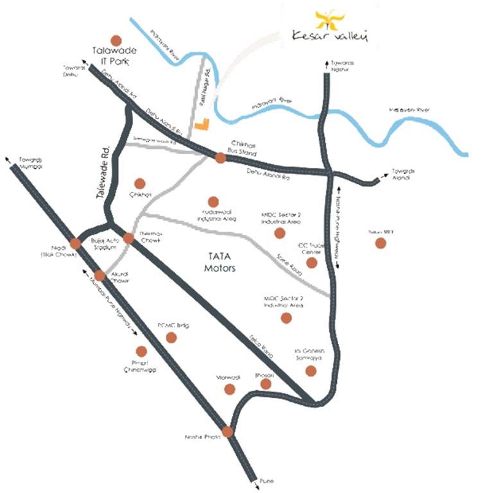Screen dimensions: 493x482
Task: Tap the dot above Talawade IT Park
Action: tap(116, 40)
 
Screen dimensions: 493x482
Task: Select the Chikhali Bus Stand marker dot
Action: tap(220, 157)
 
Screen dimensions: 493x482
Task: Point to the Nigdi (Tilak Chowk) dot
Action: tap(76, 243)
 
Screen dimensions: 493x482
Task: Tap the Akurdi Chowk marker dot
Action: tap(99, 275)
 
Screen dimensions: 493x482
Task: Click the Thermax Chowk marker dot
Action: tap(128, 238)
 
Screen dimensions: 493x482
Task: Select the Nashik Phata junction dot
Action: tap(228, 432)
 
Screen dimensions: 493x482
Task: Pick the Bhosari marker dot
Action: tap(266, 384)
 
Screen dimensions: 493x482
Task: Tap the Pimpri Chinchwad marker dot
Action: tap(141, 351)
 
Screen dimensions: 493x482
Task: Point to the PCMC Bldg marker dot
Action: tap(171, 337)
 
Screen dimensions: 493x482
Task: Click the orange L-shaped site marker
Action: tap(202, 125)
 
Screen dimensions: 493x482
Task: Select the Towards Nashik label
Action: tap(341, 65)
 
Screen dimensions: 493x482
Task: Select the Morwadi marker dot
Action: tap(230, 389)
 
